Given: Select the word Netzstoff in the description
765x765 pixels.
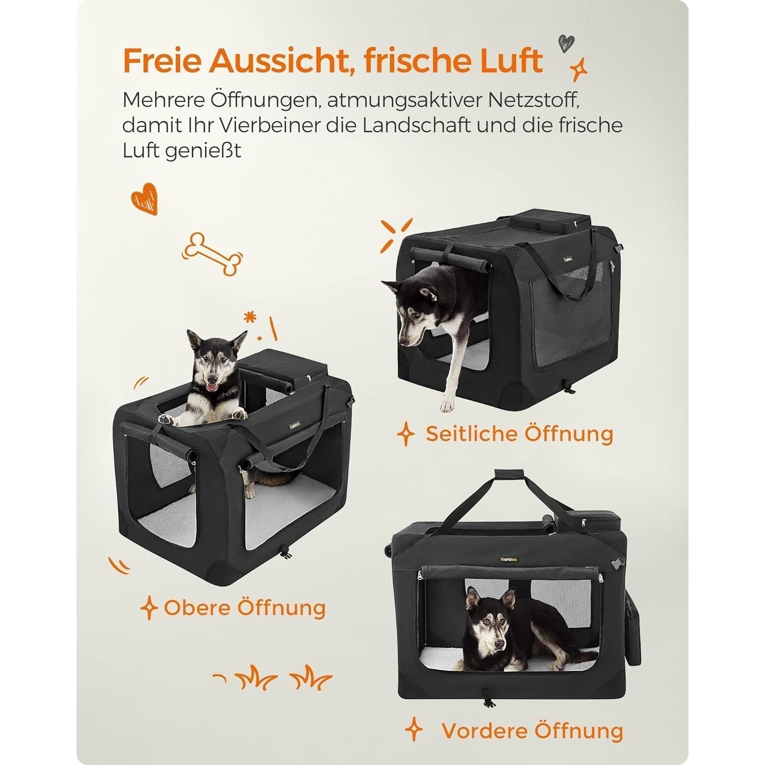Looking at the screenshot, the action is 536,100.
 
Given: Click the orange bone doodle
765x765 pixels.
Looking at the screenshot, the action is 213,254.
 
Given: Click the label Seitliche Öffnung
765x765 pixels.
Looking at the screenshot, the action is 519,434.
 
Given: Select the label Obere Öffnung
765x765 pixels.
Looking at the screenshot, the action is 245,608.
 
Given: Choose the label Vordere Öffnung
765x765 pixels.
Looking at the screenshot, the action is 532,731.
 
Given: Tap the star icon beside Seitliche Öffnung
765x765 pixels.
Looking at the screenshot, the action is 406,435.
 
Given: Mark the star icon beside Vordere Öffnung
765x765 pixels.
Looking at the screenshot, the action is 414,730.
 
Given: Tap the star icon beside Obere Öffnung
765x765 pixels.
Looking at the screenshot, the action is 148,608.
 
